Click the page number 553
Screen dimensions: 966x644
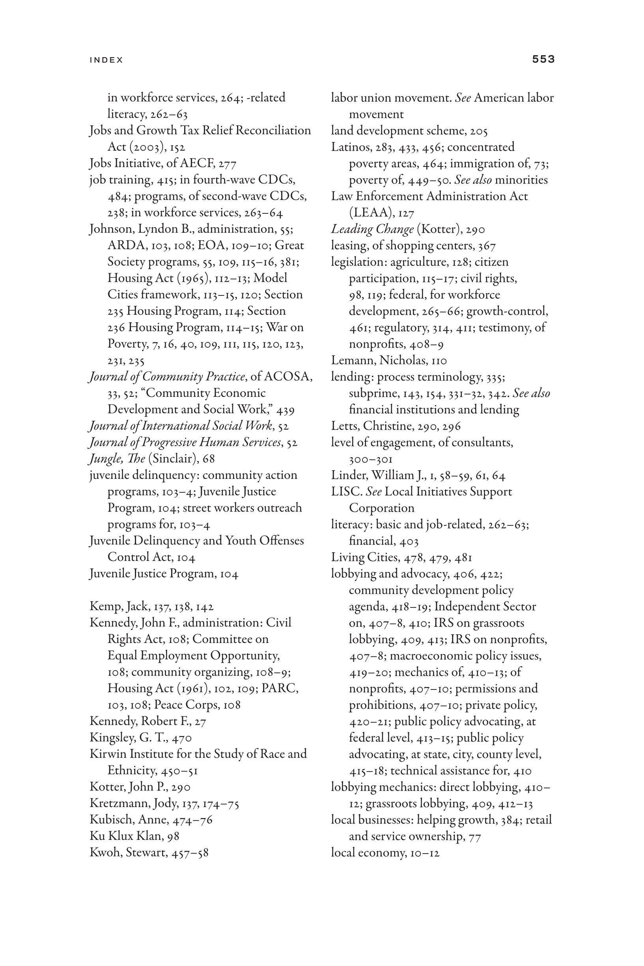(543, 59)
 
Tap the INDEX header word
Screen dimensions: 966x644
(106, 60)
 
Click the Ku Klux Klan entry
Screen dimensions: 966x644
(134, 836)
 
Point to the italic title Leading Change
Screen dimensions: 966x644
(372, 229)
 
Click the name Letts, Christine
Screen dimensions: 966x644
(367, 426)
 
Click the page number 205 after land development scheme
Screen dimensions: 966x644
(478, 131)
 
